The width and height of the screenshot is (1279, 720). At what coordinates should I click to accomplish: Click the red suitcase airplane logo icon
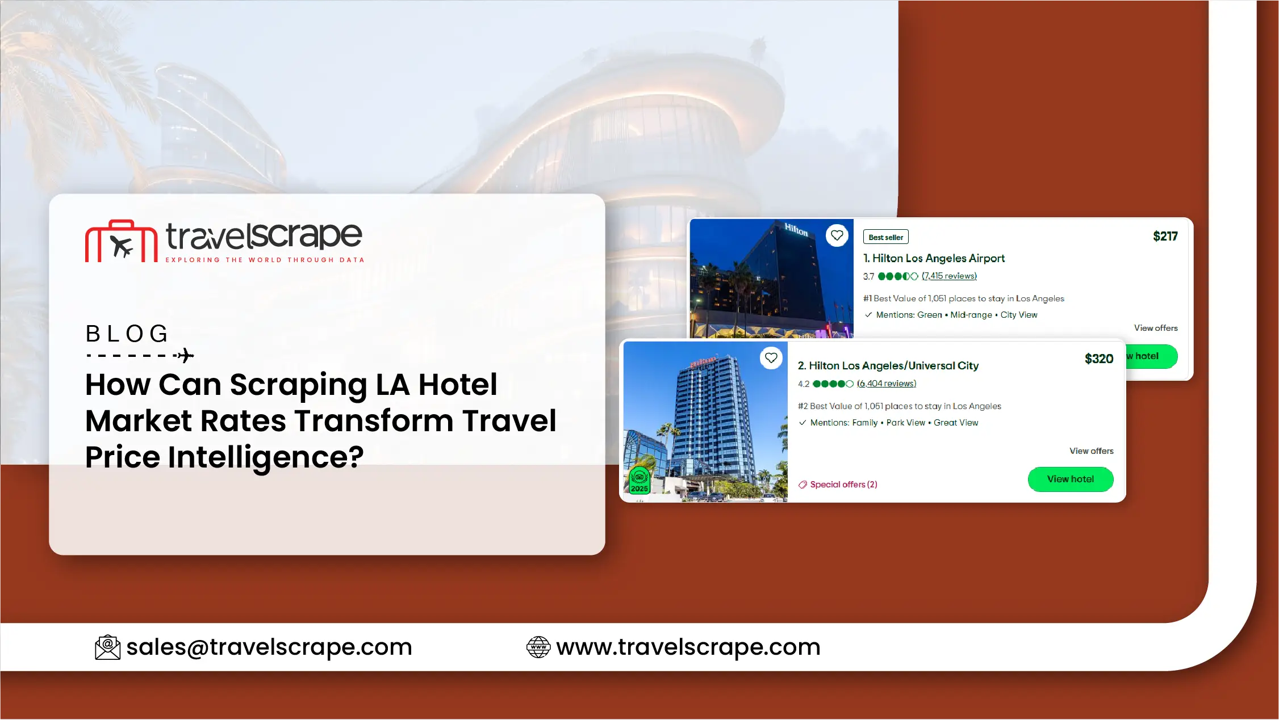point(121,241)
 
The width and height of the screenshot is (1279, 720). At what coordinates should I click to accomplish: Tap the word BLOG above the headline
point(127,334)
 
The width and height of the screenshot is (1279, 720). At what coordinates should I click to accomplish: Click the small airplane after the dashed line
point(185,356)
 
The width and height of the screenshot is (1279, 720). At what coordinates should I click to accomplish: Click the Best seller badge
point(885,237)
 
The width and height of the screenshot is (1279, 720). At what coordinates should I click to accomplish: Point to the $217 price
point(1165,237)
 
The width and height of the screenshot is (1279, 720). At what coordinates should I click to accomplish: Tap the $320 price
point(1098,359)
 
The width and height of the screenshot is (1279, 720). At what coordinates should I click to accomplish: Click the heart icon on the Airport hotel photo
point(837,235)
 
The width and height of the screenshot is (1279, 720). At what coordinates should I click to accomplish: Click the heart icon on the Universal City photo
point(771,358)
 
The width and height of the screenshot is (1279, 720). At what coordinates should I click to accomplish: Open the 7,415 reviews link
point(949,276)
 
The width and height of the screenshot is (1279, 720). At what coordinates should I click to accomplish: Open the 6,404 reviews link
point(886,384)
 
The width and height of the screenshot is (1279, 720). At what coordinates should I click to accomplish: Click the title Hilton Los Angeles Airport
point(934,259)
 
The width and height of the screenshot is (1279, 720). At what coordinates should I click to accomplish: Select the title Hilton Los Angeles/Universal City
point(888,366)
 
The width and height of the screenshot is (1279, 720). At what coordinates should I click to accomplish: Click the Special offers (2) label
point(838,485)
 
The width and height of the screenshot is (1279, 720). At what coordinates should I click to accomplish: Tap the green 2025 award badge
point(639,480)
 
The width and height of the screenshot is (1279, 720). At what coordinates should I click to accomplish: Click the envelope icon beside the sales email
point(107,647)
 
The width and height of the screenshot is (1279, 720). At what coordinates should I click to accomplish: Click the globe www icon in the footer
point(538,647)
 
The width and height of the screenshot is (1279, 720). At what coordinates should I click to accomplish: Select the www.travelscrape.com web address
point(688,647)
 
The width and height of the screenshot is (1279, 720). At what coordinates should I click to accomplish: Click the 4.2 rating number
point(803,384)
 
